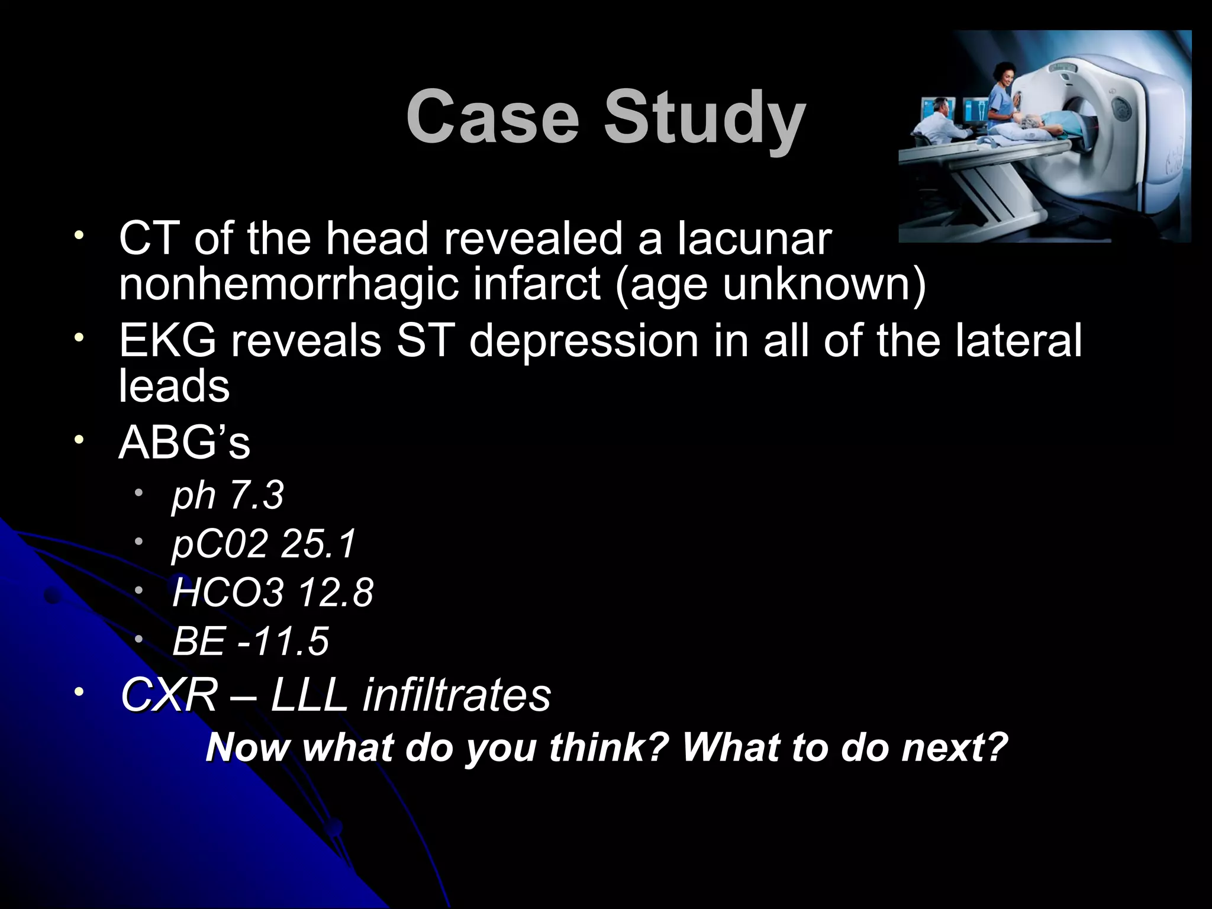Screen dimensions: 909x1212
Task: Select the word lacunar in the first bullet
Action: point(755,238)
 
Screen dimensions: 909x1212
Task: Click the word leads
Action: point(174,386)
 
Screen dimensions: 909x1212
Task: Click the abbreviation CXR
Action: point(169,695)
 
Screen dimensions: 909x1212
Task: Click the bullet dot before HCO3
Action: point(138,590)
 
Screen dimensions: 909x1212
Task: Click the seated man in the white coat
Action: point(938,121)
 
